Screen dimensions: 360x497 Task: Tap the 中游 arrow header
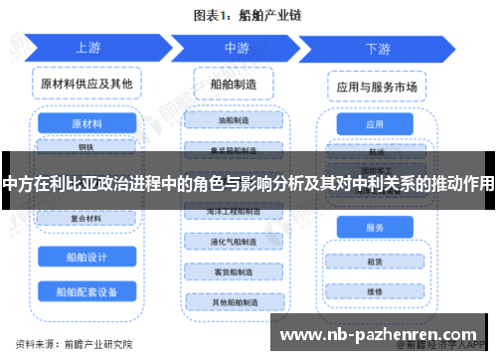pyautogui.click(x=237, y=48)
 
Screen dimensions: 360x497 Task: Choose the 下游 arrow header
pyautogui.click(x=377, y=48)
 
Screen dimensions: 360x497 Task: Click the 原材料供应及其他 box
pyautogui.click(x=87, y=84)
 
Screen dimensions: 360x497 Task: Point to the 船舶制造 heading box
pyautogui.click(x=235, y=84)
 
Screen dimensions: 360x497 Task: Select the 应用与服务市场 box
pyautogui.click(x=375, y=86)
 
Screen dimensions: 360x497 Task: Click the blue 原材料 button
pyautogui.click(x=87, y=124)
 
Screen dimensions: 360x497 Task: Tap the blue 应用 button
pyautogui.click(x=375, y=125)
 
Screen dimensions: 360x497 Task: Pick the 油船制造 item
pyautogui.click(x=234, y=119)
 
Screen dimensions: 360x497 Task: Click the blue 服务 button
pyautogui.click(x=375, y=228)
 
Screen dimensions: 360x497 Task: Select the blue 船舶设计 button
pyautogui.click(x=87, y=257)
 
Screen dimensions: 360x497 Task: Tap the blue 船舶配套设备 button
pyautogui.click(x=87, y=291)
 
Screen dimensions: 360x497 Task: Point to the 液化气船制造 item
pyautogui.click(x=234, y=242)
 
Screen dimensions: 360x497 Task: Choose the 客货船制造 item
pyautogui.click(x=234, y=271)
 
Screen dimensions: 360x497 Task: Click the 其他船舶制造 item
pyautogui.click(x=234, y=301)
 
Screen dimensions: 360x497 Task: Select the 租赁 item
pyautogui.click(x=375, y=263)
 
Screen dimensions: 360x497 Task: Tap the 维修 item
pyautogui.click(x=375, y=291)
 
